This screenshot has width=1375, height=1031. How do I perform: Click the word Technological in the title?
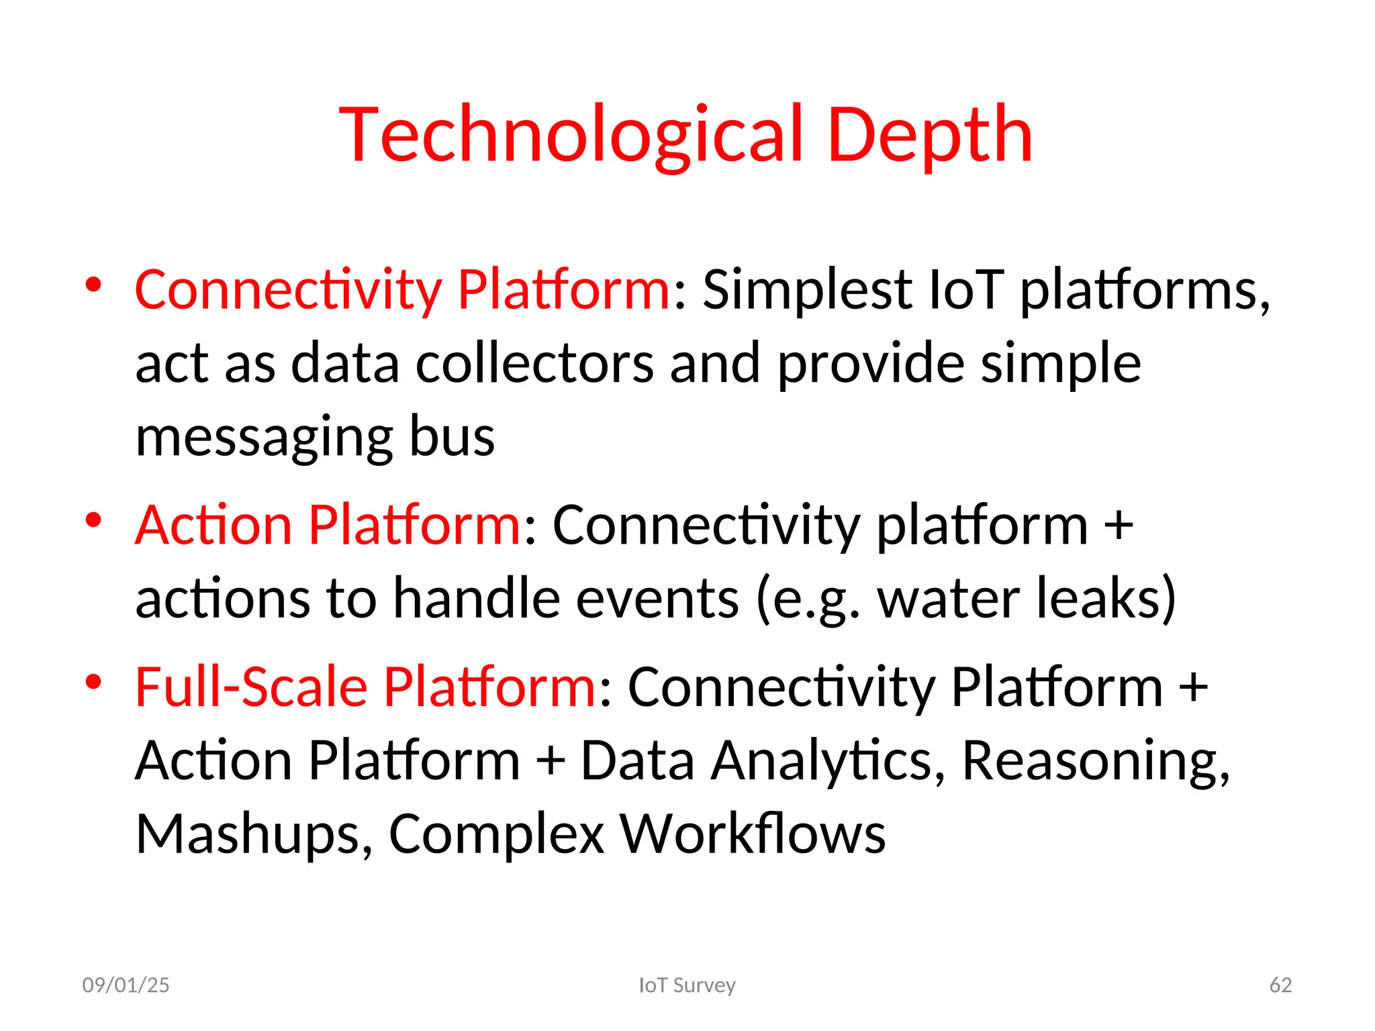[571, 136]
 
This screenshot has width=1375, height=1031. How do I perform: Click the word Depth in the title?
[929, 136]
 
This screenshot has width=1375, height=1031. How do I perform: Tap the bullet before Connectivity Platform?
[93, 285]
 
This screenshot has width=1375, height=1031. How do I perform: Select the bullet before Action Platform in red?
[93, 520]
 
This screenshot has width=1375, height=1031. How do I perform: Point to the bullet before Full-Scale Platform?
[93, 682]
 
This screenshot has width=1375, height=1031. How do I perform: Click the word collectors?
[534, 363]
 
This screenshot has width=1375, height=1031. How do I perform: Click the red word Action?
[213, 525]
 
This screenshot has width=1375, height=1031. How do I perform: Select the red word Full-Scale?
[250, 687]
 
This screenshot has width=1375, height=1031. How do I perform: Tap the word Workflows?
[752, 834]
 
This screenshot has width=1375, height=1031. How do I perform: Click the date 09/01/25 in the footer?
[126, 985]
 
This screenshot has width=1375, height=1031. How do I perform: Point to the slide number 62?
[1280, 985]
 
